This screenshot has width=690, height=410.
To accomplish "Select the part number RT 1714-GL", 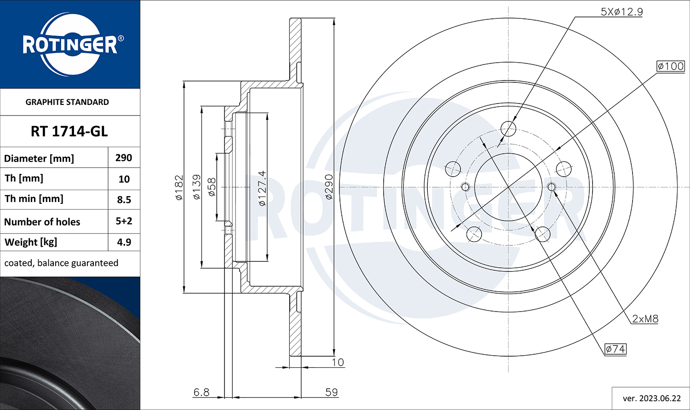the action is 69,132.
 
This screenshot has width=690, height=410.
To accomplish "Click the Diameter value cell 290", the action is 124,158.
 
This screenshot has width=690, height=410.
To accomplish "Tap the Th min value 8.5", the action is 124,200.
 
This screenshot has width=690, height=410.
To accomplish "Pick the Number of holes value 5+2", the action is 124,221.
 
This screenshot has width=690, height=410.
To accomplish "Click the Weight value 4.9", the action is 124,242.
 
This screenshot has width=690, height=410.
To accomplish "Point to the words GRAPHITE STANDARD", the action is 67,102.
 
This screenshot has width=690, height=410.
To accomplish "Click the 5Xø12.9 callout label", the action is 621,12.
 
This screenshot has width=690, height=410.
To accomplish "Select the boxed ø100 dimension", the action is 671,66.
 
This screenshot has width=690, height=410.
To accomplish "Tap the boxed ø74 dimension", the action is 615,349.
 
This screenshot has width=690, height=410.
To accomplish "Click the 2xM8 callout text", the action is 645,319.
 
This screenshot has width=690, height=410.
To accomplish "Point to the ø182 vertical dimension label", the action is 179,188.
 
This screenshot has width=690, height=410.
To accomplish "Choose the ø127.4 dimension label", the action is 262,188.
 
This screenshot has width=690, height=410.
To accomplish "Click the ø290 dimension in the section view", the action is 329,187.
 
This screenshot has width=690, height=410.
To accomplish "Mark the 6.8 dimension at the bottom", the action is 201,392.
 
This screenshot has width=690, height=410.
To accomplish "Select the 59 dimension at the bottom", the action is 332,392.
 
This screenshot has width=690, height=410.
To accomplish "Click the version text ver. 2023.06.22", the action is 651,398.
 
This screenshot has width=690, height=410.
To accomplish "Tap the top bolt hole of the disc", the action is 508,129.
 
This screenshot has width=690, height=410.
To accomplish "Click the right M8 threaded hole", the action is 552,187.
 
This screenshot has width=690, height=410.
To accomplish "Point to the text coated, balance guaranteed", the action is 61,263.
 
